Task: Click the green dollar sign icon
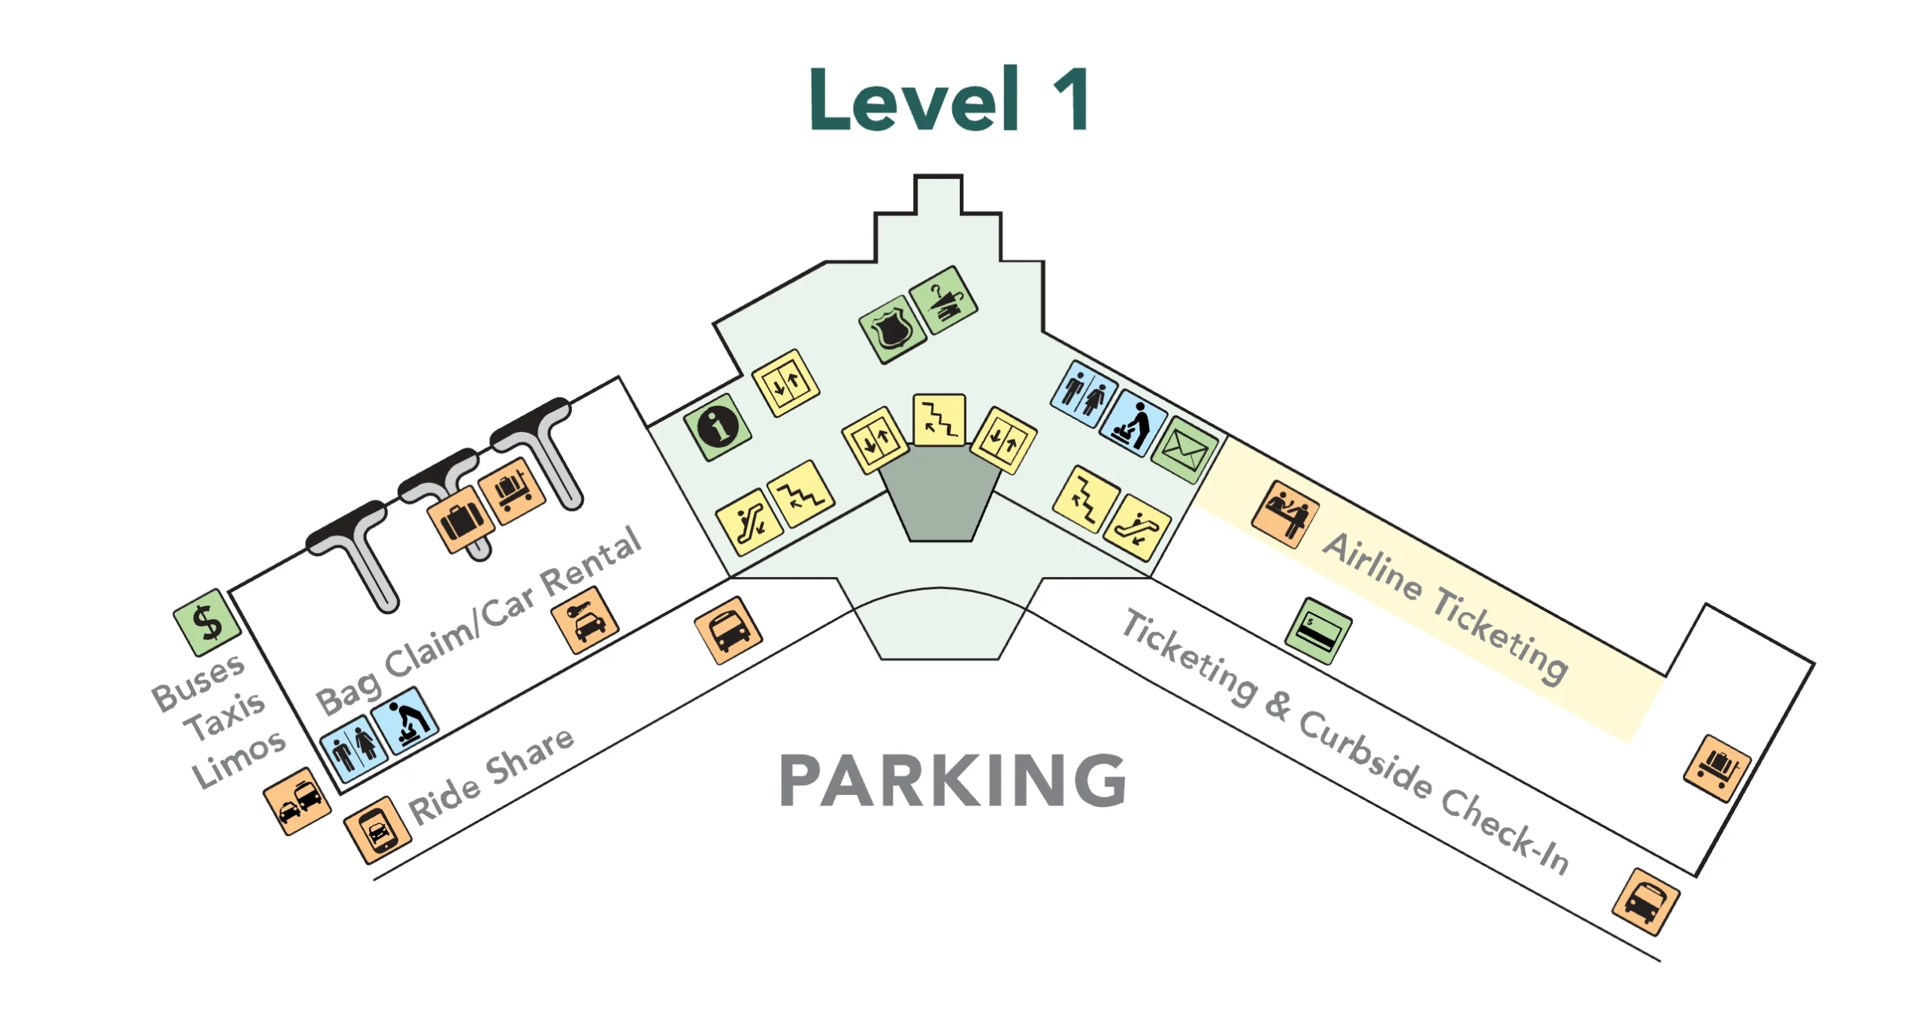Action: [207, 623]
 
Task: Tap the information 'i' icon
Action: [718, 427]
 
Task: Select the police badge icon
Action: [892, 329]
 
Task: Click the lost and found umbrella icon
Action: [943, 300]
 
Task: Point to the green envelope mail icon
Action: [1184, 450]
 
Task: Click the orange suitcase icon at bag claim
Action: [461, 519]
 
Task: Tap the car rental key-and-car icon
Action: [585, 621]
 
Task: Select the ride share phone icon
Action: [377, 829]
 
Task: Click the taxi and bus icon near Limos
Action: [297, 800]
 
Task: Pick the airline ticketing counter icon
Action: [1285, 515]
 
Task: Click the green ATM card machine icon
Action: [1318, 631]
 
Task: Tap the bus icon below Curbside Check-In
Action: [1645, 902]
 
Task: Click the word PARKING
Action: [952, 781]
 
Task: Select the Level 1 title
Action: [949, 100]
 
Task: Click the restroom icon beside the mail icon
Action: [1083, 394]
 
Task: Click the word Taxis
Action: [225, 716]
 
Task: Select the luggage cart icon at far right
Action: [1717, 768]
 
